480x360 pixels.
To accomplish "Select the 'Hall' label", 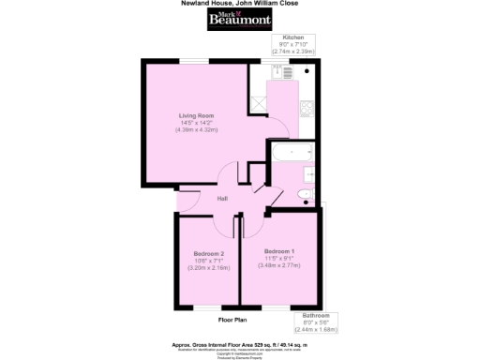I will [223, 199].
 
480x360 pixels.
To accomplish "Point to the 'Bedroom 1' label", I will [279, 251].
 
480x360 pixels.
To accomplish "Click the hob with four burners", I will [305, 116].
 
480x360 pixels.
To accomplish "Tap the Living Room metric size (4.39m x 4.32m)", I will [197, 129].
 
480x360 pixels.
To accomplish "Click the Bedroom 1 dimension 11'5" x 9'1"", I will [279, 259].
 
